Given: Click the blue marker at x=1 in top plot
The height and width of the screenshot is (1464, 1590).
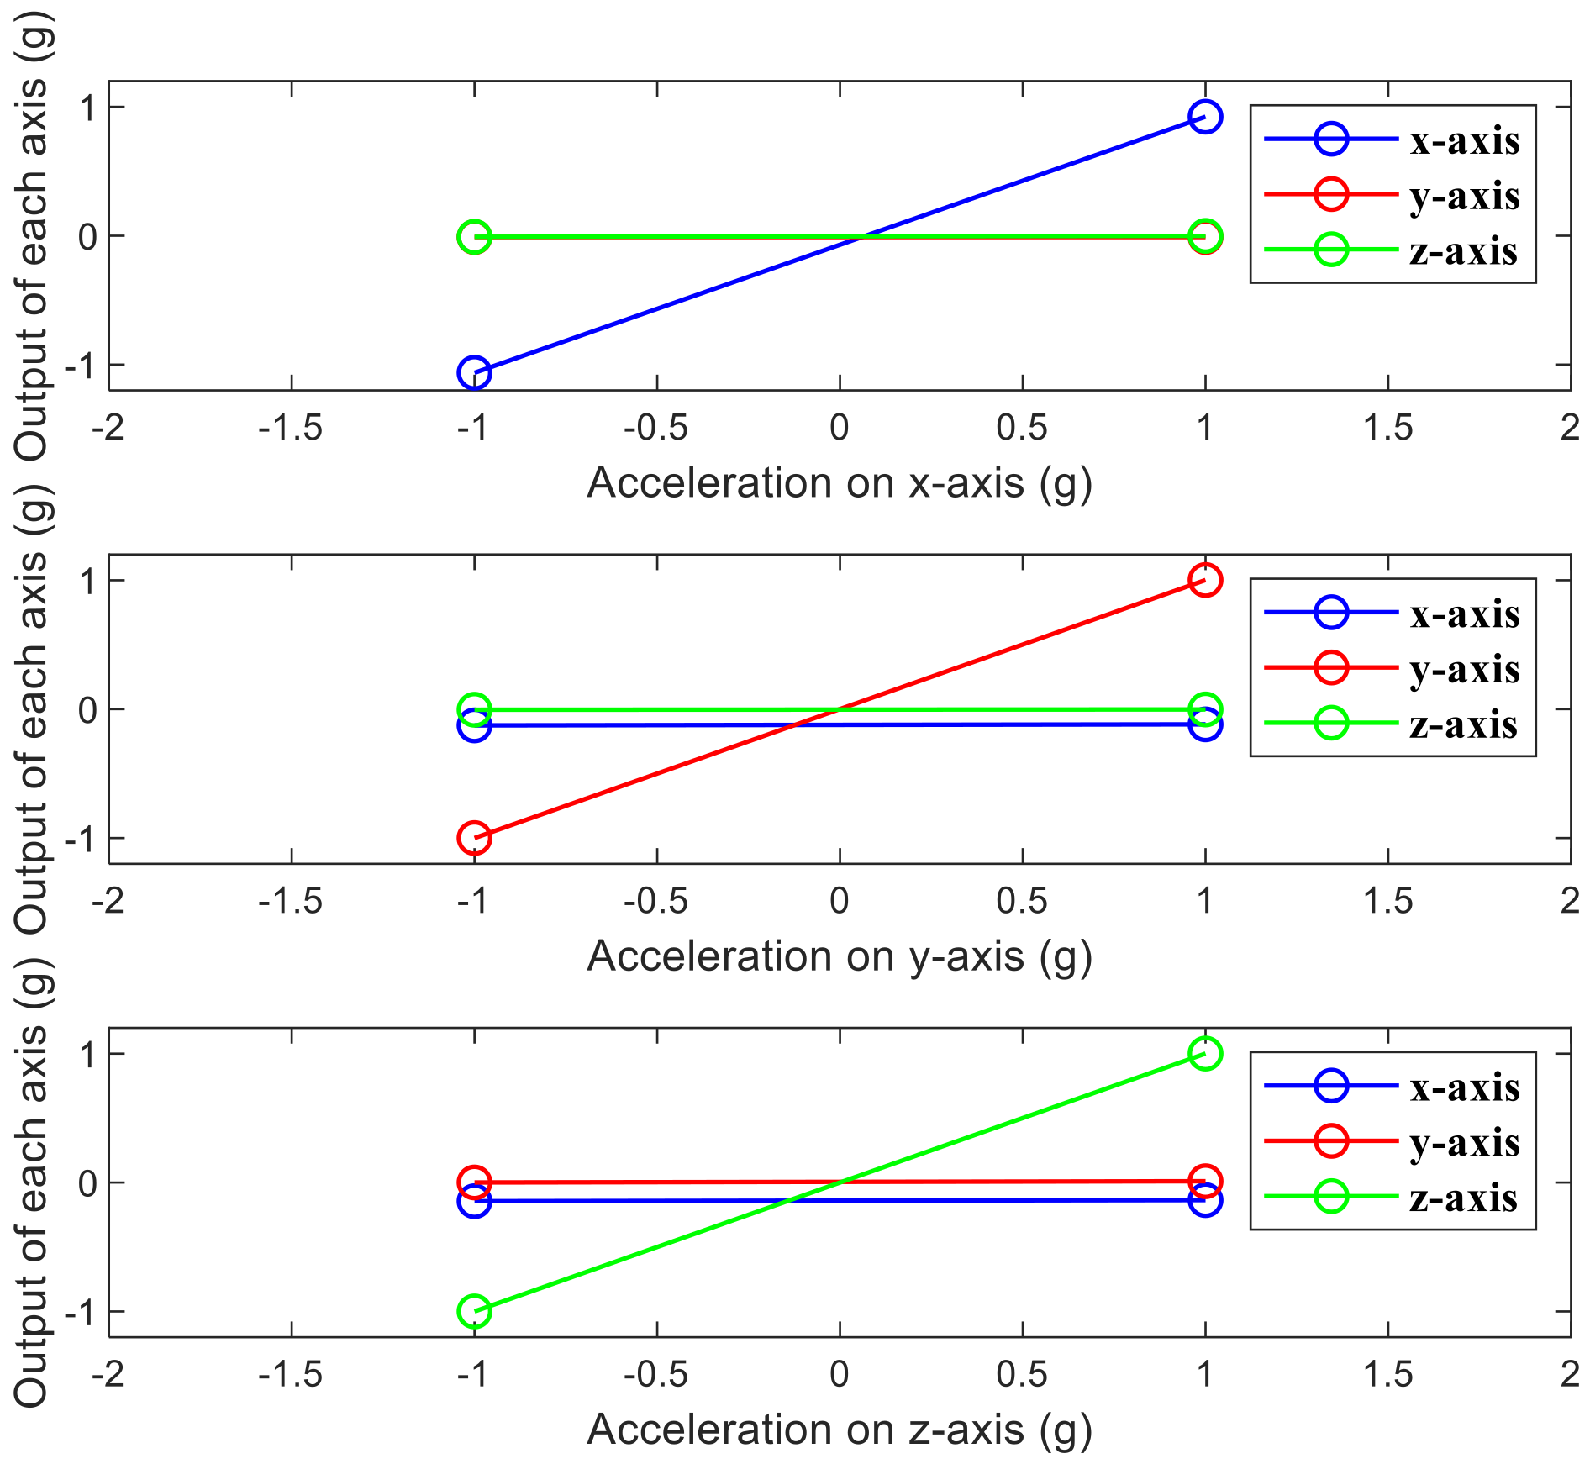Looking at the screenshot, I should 1204,117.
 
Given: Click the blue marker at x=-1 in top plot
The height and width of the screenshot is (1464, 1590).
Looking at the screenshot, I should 474,372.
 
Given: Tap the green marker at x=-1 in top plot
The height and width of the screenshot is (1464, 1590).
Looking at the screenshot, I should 474,237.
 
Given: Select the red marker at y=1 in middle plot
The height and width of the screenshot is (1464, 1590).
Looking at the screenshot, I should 1204,580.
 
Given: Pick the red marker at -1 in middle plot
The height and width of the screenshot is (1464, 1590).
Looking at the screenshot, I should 474,838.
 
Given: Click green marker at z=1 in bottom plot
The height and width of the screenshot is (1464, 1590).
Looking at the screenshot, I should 1204,1053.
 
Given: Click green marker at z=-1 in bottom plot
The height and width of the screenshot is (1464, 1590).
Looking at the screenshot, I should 474,1311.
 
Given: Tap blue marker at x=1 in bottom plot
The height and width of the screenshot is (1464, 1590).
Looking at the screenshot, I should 1204,1200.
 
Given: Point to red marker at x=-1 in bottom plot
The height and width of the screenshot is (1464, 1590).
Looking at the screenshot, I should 474,1182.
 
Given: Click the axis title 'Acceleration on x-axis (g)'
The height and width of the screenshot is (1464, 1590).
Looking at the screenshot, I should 839,483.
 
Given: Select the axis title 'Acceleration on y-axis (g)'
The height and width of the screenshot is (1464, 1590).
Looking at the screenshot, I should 839,956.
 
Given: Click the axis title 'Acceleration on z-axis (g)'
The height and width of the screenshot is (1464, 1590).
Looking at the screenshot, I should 839,1430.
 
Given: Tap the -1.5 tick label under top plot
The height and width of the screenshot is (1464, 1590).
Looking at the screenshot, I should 291,429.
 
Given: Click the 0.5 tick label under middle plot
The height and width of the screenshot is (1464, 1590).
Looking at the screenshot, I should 1021,902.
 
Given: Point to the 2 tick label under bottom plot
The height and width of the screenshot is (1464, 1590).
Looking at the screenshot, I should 1569,1375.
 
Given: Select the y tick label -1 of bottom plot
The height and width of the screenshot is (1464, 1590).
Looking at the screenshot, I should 82,1312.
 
